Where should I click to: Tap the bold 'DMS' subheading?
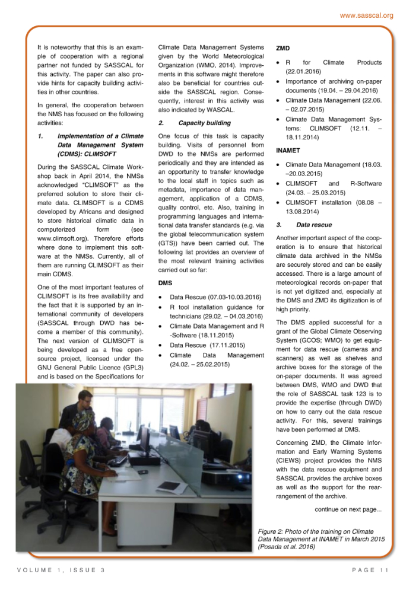click(166, 282)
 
